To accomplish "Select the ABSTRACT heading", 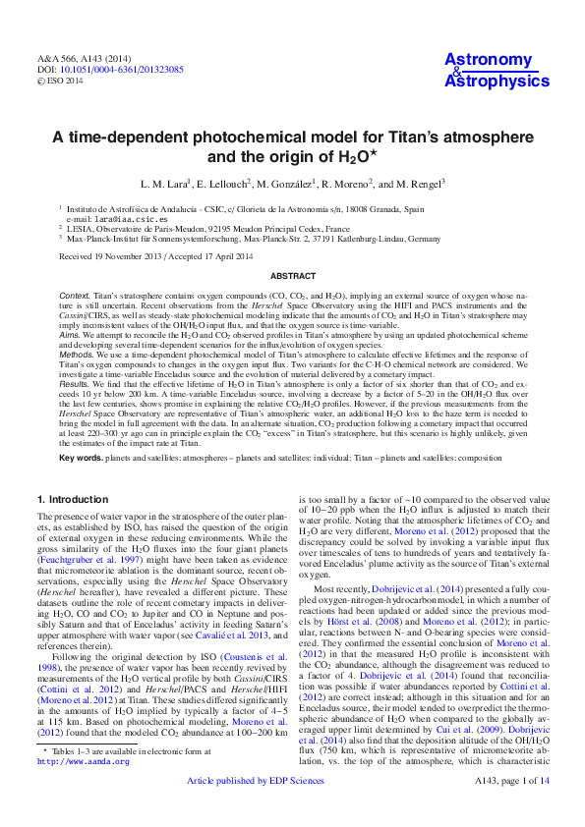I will click(292, 277).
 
